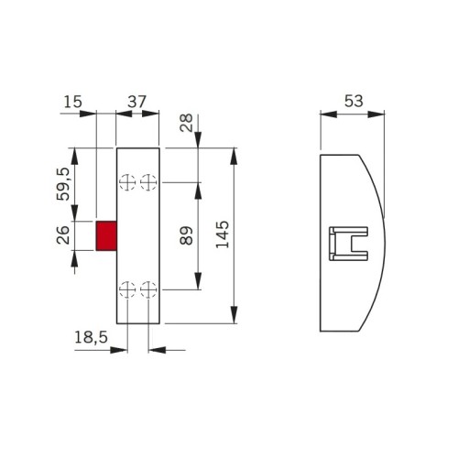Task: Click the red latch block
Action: point(106,234)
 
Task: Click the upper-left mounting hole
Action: point(126,182)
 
